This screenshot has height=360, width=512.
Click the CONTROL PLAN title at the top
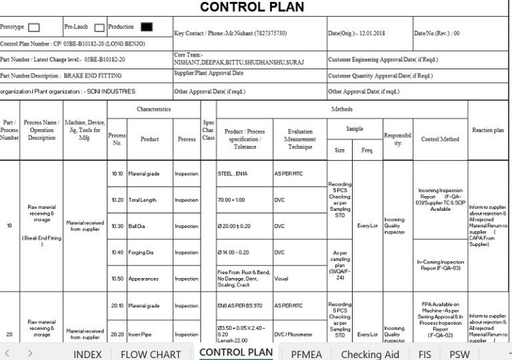point(252,7)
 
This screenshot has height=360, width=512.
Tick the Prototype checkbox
point(35,28)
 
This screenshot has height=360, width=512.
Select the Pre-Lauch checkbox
point(99,28)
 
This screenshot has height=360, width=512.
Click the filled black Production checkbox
point(146,27)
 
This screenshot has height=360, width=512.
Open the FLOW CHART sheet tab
point(151,354)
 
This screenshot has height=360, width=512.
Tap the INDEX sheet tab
point(87,354)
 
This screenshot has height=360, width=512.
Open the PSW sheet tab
point(459,354)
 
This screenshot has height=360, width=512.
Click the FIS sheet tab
point(425,354)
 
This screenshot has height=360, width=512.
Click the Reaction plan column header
point(488,130)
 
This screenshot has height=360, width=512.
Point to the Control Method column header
point(440,139)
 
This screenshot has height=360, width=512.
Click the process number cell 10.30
point(117,227)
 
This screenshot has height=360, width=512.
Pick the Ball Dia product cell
point(137,227)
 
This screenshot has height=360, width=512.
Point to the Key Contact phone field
point(231,33)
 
